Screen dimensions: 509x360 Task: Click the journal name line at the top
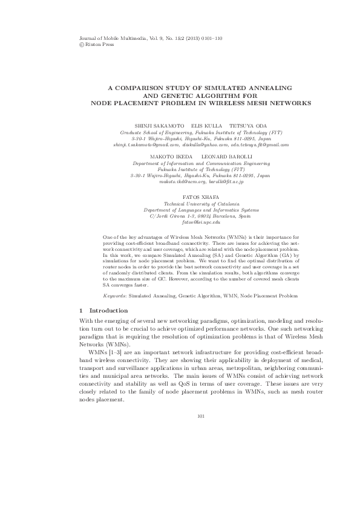point(151,38)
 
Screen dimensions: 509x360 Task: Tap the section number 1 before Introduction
point(82,311)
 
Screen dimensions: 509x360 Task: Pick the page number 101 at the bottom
point(201,415)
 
